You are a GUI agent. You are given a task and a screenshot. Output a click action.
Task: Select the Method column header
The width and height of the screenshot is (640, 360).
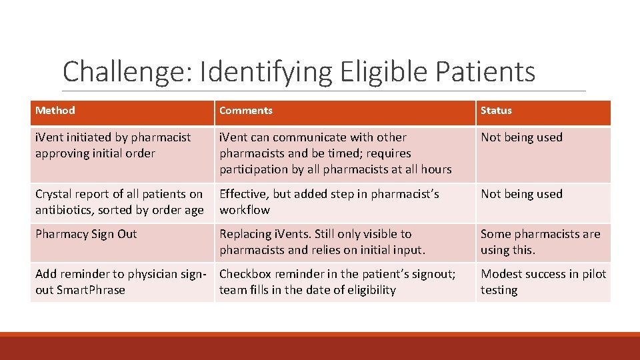click(x=55, y=111)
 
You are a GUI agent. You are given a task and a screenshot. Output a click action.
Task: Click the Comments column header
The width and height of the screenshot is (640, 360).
click(x=246, y=111)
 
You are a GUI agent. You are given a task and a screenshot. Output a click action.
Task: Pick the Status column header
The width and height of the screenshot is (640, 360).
click(x=497, y=111)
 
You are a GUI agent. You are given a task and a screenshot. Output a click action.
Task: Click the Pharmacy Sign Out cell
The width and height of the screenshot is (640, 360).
click(x=86, y=234)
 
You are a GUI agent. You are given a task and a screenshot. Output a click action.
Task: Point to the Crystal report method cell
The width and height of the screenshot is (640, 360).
click(x=119, y=202)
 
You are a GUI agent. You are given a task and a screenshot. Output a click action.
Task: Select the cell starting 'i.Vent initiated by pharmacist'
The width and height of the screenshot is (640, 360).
click(x=113, y=145)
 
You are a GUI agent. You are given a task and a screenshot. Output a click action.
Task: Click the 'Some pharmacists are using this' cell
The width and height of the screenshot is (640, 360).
click(x=541, y=242)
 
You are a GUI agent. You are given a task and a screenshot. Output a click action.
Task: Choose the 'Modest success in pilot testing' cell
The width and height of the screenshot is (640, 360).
click(x=543, y=282)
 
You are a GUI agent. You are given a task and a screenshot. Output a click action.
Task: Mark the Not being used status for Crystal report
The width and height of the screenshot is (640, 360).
click(x=522, y=194)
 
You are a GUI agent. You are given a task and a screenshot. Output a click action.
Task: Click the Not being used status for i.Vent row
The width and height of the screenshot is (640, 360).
click(x=522, y=137)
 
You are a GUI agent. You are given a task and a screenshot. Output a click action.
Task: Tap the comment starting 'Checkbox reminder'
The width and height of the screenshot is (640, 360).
click(x=337, y=282)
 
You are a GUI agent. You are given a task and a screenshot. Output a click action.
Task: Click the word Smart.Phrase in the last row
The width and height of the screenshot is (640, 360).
click(x=91, y=290)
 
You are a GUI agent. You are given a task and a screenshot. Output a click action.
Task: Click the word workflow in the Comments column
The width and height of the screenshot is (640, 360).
click(x=245, y=210)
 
